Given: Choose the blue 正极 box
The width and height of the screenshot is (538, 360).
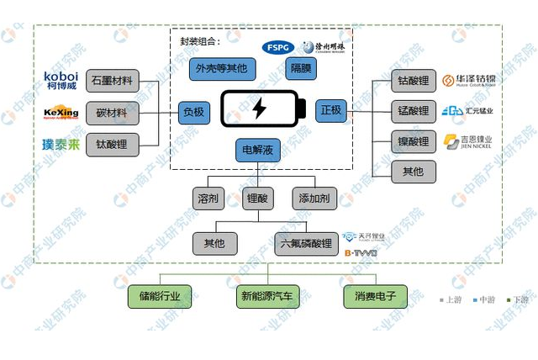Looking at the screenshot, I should pyautogui.click(x=331, y=110).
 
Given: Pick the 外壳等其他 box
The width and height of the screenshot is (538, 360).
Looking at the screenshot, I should pyautogui.click(x=221, y=69).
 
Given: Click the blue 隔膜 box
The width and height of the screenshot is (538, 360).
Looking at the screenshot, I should pyautogui.click(x=301, y=69).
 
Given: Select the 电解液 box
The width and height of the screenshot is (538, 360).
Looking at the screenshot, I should pyautogui.click(x=258, y=151).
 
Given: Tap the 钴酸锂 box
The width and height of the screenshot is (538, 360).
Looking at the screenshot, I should pyautogui.click(x=414, y=82).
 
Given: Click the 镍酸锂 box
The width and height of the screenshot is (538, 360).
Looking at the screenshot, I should pyautogui.click(x=414, y=141).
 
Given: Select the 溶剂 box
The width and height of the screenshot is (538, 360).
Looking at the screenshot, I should pyautogui.click(x=209, y=199).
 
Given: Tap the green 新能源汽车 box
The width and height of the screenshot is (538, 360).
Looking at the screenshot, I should pyautogui.click(x=267, y=296).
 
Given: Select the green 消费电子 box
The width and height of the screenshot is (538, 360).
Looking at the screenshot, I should pyautogui.click(x=375, y=296).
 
